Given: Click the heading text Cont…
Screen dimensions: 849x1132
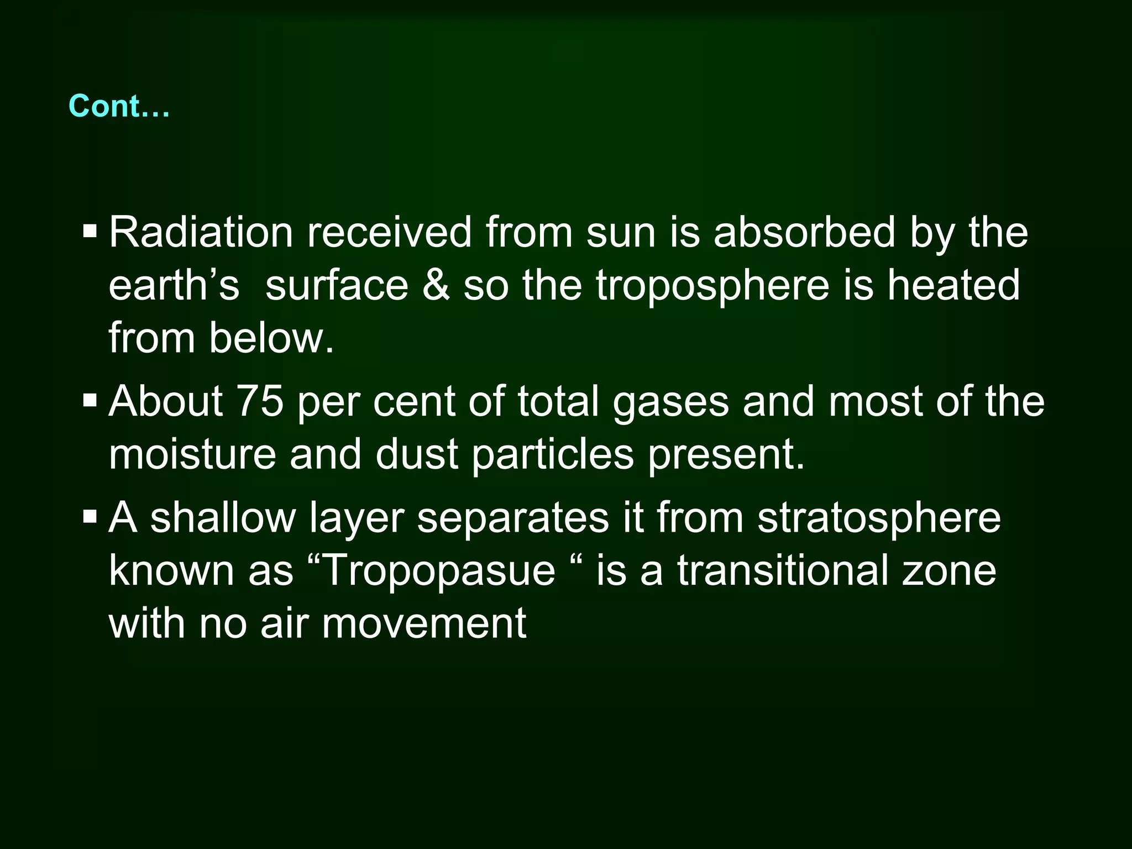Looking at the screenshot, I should [x=119, y=106].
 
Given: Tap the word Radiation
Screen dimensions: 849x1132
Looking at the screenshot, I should [x=201, y=232].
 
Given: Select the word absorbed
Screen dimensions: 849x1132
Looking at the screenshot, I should [x=804, y=232].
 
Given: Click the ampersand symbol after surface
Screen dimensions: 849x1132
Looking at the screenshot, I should [x=436, y=285].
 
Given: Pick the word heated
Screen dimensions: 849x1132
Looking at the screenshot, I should [x=953, y=285].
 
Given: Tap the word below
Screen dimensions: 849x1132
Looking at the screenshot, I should [x=271, y=338].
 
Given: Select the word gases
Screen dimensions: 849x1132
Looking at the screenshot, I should [x=671, y=402].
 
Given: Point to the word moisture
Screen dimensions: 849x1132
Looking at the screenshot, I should [x=192, y=454].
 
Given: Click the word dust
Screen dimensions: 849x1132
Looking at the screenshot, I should [x=417, y=454].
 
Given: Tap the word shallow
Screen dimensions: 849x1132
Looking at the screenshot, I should [x=223, y=518].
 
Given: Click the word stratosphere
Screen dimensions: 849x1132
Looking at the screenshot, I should [x=879, y=519].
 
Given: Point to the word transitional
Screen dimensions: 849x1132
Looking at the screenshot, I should [x=783, y=571].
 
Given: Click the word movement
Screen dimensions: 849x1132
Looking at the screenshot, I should [x=424, y=623].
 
